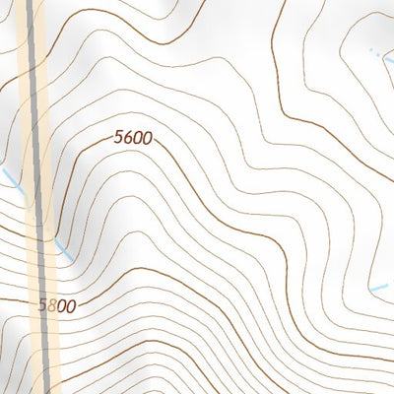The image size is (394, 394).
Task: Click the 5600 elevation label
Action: click(132, 139)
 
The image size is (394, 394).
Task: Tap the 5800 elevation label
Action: click(56, 306)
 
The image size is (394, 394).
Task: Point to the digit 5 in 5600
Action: click(119, 139)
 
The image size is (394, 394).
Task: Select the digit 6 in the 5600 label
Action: click(128, 139)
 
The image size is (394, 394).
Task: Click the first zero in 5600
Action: click(137, 139)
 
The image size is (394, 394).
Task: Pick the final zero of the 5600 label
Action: click(146, 139)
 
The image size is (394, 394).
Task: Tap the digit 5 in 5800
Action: click(43, 306)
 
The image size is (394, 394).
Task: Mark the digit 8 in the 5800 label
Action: click(51, 306)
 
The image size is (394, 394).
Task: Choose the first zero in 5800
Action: click(60, 306)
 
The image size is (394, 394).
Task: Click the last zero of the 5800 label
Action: click(69, 306)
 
